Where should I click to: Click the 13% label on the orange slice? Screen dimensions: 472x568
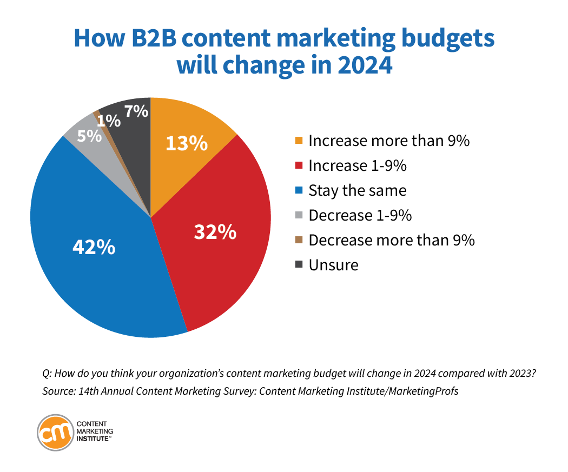[x=187, y=143]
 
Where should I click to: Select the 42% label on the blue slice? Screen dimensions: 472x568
[x=94, y=247]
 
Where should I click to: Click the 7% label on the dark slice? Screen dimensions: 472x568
[x=136, y=111]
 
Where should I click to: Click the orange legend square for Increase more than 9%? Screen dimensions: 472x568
[x=298, y=141]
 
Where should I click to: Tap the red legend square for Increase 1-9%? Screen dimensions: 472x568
[x=298, y=166]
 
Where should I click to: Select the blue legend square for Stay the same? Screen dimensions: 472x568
[x=298, y=191]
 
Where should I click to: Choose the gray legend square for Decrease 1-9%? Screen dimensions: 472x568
[x=298, y=216]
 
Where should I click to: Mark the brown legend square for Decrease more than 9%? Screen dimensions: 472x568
[x=298, y=241]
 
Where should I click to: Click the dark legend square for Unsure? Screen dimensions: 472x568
[x=298, y=265]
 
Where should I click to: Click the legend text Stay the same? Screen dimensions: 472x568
[x=357, y=191]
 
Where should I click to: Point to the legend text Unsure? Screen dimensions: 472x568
[x=333, y=265]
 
